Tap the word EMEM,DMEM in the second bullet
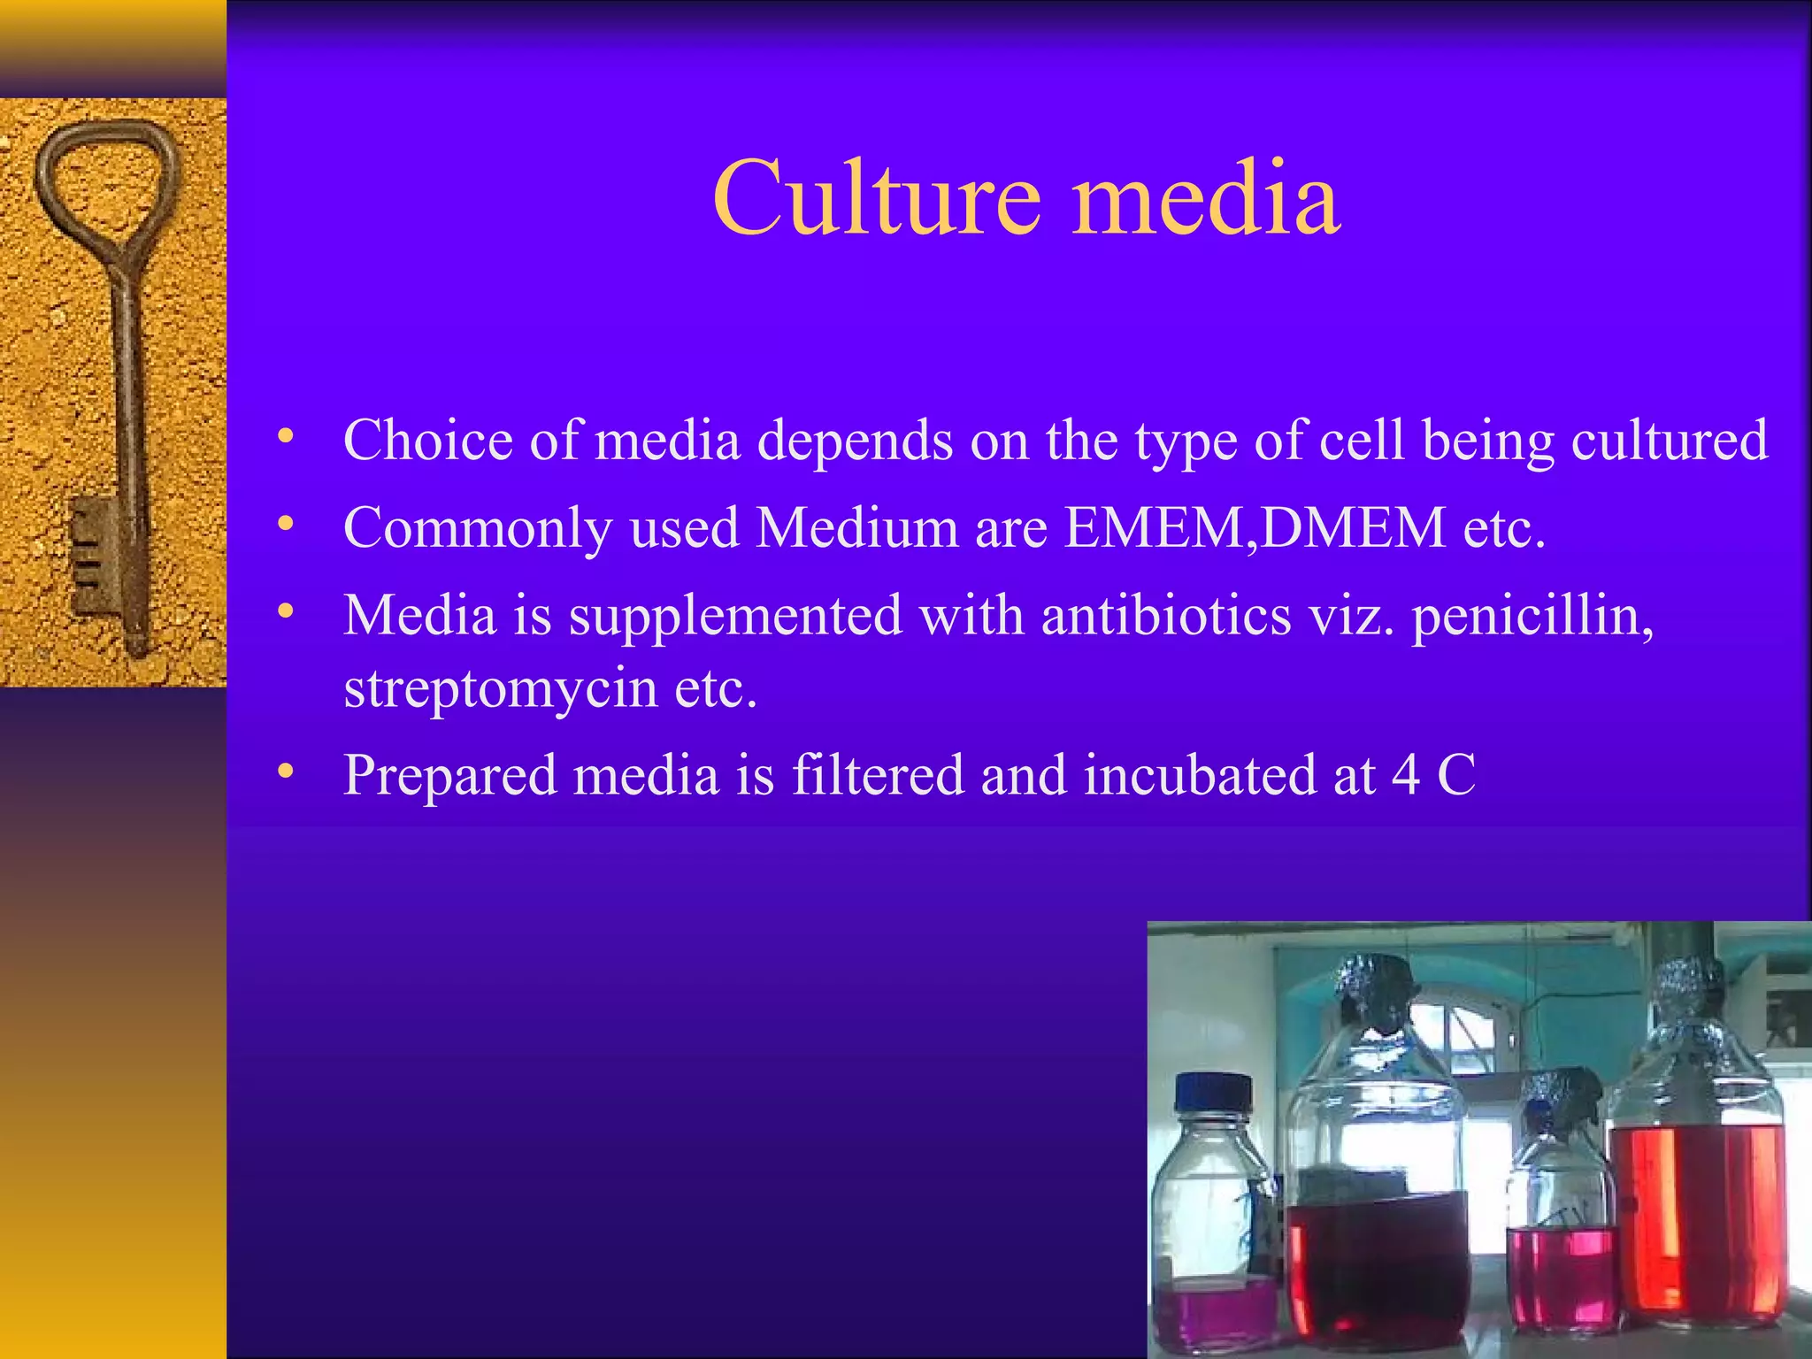pos(1255,528)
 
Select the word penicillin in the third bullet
pos(1532,616)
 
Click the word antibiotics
pos(1166,616)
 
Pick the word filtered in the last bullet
pos(877,775)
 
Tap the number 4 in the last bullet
pos(1406,775)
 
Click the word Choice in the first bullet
pos(427,440)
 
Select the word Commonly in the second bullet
pos(477,528)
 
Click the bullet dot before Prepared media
pos(285,772)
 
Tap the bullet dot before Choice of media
pos(285,436)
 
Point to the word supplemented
pos(735,616)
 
